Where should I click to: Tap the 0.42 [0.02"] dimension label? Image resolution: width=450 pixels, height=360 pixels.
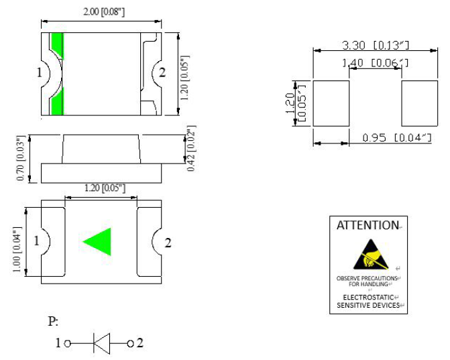tap(191, 149)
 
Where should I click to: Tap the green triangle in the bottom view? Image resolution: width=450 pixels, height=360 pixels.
tap(98, 241)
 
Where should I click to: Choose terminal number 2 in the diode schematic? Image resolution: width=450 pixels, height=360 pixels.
tap(139, 343)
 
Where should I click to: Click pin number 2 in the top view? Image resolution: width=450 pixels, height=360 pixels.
tap(162, 72)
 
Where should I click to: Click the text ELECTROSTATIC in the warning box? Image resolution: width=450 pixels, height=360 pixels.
tap(367, 297)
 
